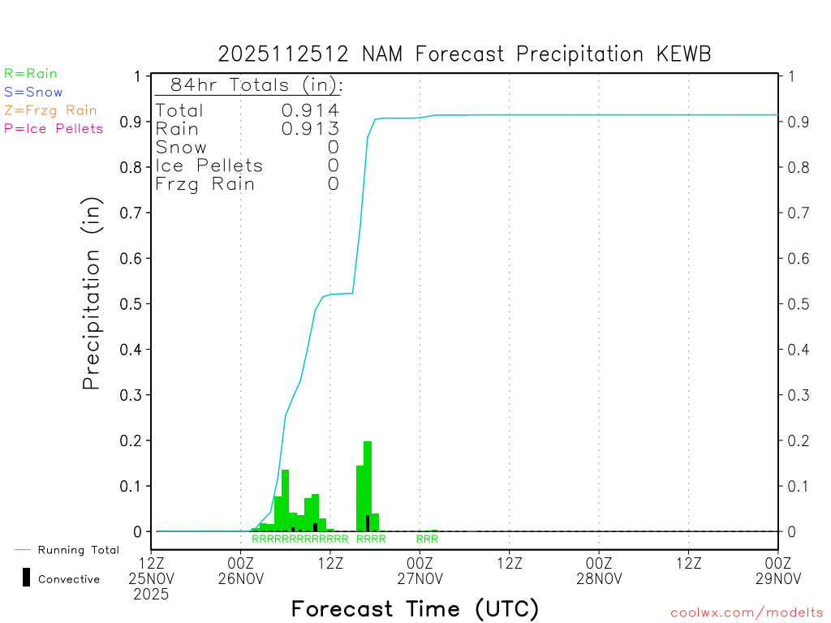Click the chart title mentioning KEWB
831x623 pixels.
click(464, 54)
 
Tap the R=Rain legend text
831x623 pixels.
click(31, 74)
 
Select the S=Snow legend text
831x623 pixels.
click(33, 92)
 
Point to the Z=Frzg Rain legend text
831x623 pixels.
click(50, 110)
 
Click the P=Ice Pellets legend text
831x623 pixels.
click(54, 128)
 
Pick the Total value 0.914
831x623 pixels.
click(310, 110)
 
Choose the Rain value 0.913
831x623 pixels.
click(310, 129)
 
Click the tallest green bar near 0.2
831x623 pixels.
click(368, 487)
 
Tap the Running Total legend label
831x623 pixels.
click(79, 550)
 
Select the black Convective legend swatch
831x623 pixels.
click(26, 578)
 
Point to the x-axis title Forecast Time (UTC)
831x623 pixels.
click(415, 608)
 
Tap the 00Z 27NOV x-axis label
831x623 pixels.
click(420, 570)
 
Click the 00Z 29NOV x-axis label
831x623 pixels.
click(777, 570)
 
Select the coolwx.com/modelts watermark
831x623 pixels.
click(747, 612)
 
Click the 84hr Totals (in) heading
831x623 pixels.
click(251, 85)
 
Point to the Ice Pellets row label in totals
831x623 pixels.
click(209, 165)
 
